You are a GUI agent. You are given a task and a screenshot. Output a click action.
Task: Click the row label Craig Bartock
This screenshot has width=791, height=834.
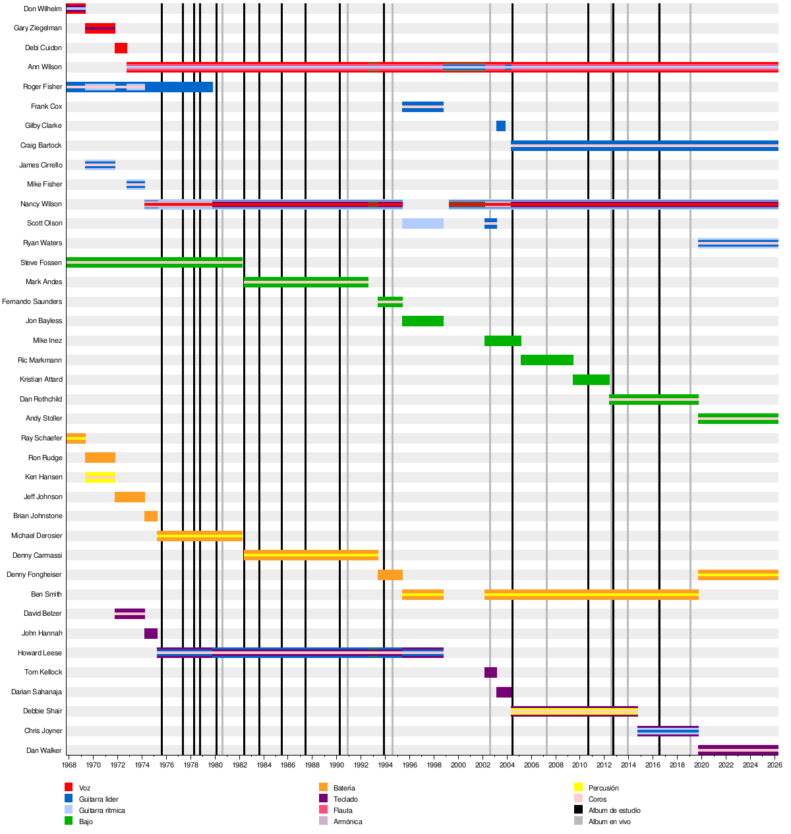41,146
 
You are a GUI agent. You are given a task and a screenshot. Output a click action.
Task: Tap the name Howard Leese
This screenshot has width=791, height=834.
40,653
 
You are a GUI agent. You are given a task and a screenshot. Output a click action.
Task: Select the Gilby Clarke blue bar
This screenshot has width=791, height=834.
501,126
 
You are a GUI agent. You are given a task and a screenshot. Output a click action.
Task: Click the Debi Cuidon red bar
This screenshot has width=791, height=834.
121,48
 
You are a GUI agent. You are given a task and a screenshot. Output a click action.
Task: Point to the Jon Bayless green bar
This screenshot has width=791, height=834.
423,321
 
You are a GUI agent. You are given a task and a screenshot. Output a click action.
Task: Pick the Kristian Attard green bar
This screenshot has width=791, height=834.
591,380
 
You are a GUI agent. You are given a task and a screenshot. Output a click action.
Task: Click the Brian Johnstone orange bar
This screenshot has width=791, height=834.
151,516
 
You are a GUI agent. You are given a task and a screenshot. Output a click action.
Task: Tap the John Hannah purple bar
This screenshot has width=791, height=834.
151,634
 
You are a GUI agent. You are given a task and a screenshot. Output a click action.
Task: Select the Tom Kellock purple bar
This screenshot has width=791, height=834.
490,672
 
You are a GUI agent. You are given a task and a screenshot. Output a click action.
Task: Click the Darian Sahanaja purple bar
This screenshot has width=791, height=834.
504,692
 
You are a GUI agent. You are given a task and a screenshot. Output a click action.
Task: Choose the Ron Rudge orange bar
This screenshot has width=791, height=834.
100,458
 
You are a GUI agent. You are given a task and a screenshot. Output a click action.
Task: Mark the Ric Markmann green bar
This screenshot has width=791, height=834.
547,360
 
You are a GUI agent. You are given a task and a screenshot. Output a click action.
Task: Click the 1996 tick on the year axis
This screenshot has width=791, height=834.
409,765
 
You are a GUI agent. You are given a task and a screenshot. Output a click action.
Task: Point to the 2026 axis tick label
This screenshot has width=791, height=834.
775,765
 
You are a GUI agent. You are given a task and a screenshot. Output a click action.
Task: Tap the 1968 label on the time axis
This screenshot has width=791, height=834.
69,765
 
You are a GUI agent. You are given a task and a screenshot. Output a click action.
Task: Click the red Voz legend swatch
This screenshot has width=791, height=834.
69,787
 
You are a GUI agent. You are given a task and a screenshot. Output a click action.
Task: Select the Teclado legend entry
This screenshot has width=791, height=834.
345,799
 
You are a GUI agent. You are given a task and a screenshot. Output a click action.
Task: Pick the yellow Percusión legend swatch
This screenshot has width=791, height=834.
578,787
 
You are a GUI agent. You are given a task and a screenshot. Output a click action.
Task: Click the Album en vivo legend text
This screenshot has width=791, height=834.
609,821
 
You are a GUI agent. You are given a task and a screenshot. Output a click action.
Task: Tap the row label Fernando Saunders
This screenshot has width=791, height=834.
32,302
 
